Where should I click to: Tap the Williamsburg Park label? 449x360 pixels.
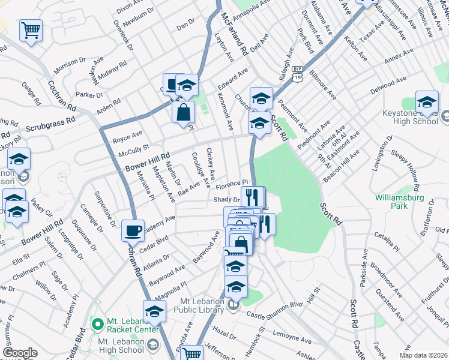click(x=399, y=202)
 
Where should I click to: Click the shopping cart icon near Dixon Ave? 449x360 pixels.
click(x=31, y=30)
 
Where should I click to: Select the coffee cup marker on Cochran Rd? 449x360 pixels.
click(x=133, y=230)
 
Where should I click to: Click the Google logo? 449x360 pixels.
click(x=20, y=353)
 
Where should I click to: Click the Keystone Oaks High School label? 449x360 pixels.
click(x=411, y=117)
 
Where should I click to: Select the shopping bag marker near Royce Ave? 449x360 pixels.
click(x=183, y=112)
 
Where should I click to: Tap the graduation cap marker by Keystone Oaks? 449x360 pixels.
click(x=427, y=103)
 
